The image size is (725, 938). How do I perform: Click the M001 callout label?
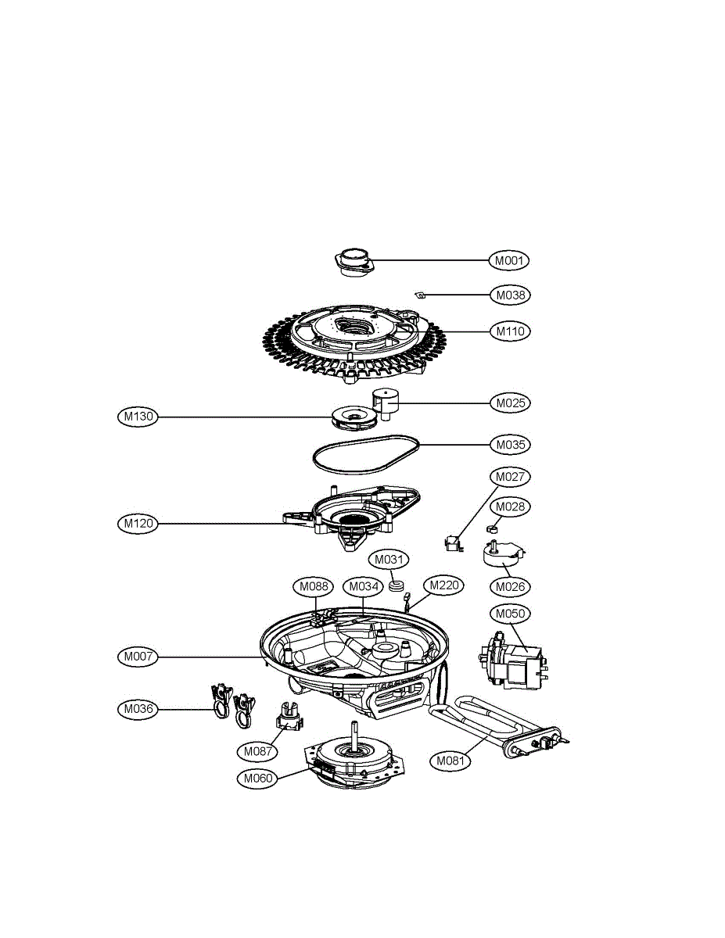(510, 260)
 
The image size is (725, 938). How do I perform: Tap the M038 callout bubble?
(510, 295)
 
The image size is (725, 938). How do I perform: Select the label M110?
(510, 331)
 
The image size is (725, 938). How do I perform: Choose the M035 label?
(510, 444)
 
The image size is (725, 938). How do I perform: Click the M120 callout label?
(137, 524)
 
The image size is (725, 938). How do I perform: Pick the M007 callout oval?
(137, 657)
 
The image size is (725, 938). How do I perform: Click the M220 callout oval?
(443, 585)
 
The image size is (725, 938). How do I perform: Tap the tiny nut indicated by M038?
(419, 295)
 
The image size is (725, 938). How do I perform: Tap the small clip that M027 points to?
(450, 542)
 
